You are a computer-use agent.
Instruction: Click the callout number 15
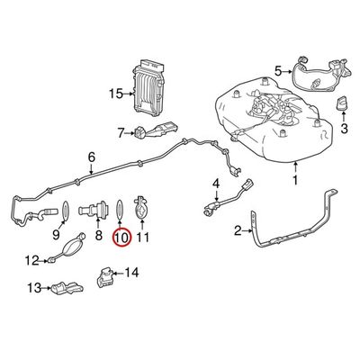[x=116, y=94]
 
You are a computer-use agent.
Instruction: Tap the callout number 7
[x=121, y=132]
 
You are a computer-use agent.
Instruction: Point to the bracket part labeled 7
[x=156, y=130]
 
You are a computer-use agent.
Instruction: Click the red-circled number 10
[x=122, y=238]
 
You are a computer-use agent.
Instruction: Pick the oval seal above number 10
[x=119, y=210]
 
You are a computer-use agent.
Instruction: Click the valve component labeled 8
[x=94, y=209]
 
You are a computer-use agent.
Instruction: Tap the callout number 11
[x=142, y=238]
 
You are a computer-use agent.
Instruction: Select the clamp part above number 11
[x=140, y=208]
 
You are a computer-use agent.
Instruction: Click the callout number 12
[x=31, y=260]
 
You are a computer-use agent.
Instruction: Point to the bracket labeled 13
[x=67, y=288]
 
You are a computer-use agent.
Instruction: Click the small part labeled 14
[x=104, y=276]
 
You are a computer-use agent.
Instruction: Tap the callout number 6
[x=91, y=157]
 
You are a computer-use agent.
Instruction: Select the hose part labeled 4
[x=228, y=198]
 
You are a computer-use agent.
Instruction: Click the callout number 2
[x=238, y=231]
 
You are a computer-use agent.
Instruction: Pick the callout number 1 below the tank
[x=296, y=180]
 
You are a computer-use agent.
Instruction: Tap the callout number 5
[x=278, y=71]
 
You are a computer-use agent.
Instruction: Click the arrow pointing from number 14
[x=118, y=273]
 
